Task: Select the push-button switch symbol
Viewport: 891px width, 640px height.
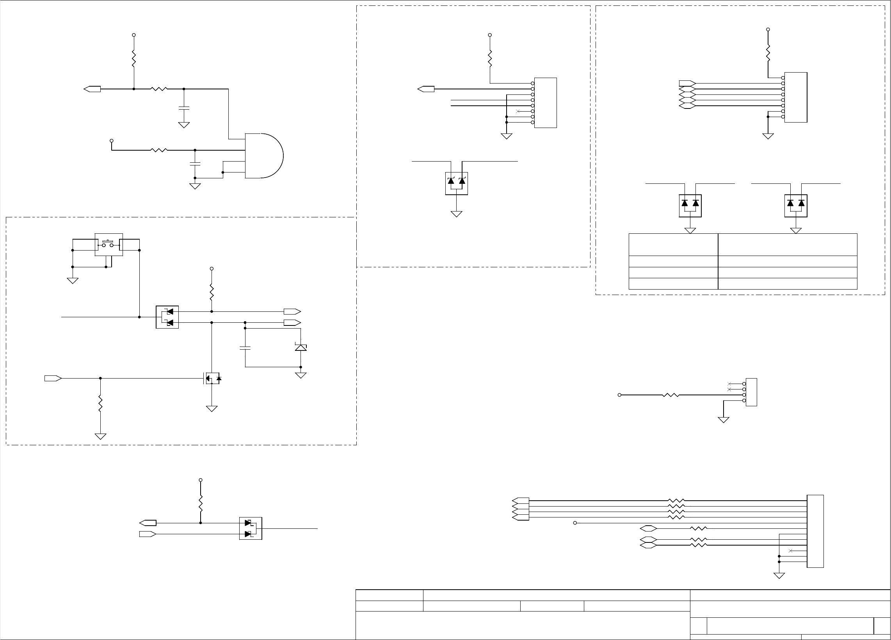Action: pos(108,245)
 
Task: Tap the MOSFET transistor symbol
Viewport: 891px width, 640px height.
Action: pos(212,379)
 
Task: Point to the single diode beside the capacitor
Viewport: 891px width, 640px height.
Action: pos(301,347)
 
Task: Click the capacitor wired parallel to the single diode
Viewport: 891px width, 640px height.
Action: pos(245,348)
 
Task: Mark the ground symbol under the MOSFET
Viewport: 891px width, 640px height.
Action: pos(212,409)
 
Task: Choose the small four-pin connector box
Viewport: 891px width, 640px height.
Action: pos(751,392)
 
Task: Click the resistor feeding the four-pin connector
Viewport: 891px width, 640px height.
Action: pos(671,395)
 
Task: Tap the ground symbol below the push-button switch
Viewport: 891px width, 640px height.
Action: pos(73,281)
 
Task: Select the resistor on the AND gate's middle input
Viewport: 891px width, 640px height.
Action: pos(159,150)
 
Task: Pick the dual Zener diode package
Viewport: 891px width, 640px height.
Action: pos(457,183)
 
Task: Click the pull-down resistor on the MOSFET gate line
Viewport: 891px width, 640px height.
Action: pos(101,404)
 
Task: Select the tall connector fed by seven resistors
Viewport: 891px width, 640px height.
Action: pos(815,531)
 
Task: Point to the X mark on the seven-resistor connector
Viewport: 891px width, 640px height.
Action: pos(790,551)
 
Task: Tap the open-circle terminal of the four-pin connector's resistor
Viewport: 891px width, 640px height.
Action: pos(619,395)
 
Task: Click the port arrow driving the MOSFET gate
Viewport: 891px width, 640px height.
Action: pos(53,379)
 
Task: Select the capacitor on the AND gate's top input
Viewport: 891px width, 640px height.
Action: pos(184,107)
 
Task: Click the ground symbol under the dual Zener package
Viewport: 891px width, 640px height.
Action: pos(457,214)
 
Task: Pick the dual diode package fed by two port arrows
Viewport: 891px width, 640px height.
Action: pos(251,528)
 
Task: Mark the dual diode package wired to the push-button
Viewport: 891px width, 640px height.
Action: pos(167,317)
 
